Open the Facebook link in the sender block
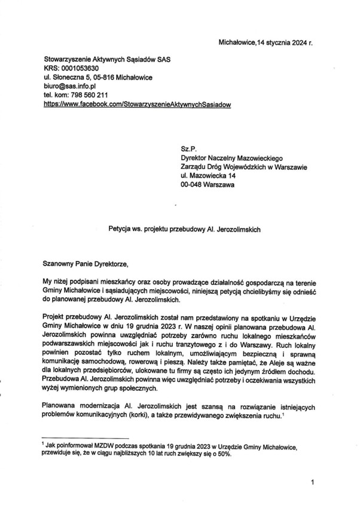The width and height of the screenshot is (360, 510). pos(137,104)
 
